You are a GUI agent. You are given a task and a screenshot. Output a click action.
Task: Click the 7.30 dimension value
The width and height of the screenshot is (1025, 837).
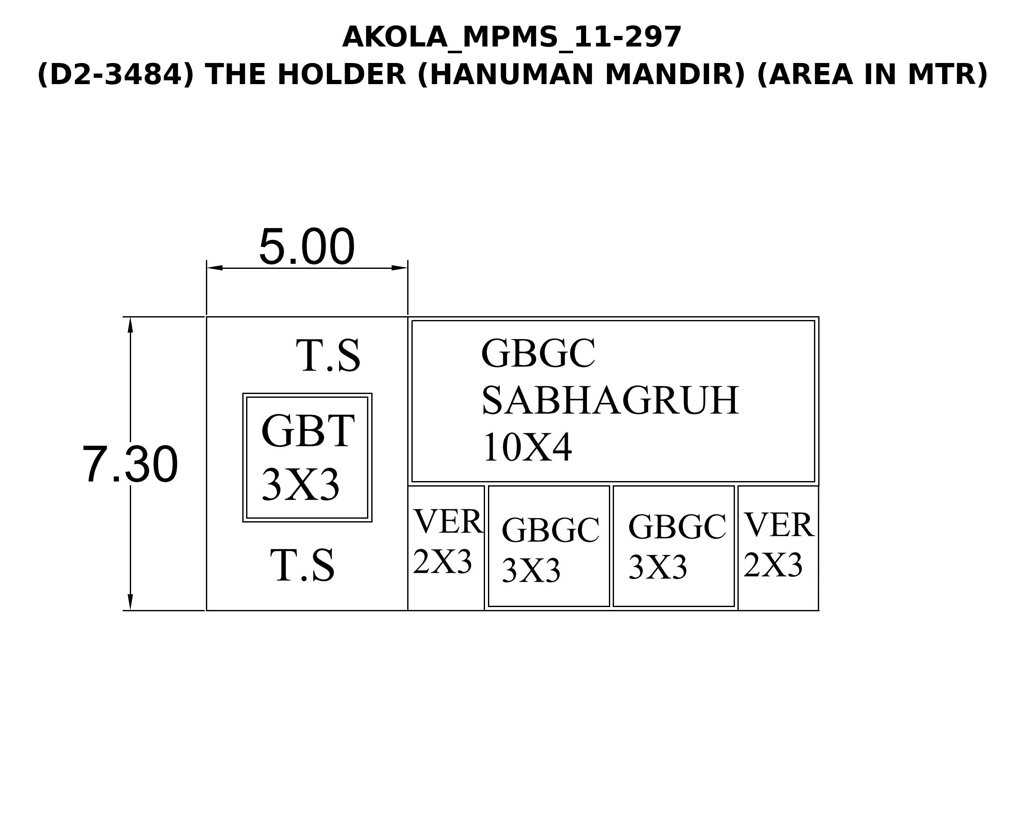click(x=130, y=464)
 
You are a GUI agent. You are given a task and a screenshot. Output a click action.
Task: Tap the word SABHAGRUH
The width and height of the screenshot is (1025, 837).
click(x=610, y=400)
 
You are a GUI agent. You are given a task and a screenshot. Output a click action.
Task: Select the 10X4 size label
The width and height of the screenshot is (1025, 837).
click(x=527, y=447)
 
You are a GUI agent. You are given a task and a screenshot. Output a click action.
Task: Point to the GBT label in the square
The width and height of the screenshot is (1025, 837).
click(x=308, y=431)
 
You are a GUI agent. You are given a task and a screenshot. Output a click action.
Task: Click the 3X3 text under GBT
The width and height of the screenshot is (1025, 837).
click(x=301, y=484)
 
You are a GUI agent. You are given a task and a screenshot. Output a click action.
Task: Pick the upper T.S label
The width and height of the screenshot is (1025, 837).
click(x=328, y=356)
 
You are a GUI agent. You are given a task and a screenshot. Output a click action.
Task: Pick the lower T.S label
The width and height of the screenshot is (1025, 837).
click(x=302, y=565)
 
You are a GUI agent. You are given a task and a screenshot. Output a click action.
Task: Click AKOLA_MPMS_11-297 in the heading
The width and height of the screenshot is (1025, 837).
click(x=512, y=37)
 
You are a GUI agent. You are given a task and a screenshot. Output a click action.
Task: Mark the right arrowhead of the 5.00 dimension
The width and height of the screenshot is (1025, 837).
click(x=400, y=268)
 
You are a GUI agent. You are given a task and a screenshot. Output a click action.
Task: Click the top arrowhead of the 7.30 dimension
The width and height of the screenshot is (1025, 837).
click(x=130, y=325)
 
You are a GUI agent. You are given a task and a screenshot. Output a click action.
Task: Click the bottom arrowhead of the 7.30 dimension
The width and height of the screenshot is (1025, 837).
click(x=130, y=602)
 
